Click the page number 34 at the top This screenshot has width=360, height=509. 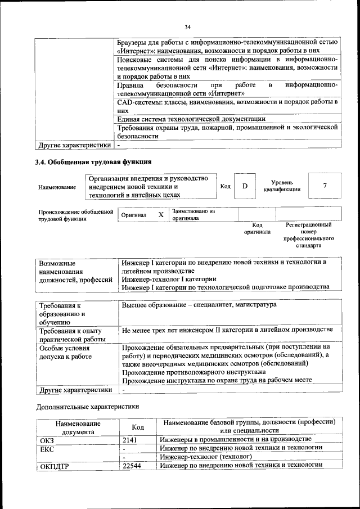(188, 26)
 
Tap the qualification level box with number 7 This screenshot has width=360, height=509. (325, 186)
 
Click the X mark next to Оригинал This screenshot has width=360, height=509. (161, 215)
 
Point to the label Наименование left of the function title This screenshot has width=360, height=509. (57, 187)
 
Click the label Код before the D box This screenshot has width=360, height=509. (225, 186)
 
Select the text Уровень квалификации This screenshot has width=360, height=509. (282, 186)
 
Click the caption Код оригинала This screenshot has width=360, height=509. (257, 228)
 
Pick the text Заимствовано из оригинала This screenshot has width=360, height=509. (193, 215)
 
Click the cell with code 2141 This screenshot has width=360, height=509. (130, 439)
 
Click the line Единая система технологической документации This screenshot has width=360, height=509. (191, 119)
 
